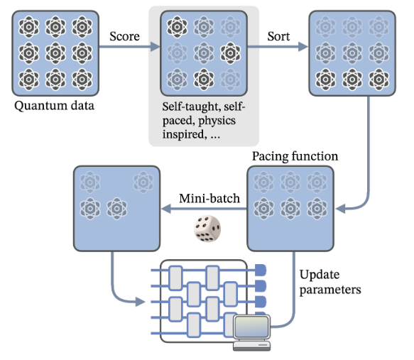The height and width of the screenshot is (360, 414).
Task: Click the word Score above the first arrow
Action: tap(124, 36)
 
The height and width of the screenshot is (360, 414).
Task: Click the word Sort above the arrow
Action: tap(278, 36)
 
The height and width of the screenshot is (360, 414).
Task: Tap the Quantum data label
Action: tap(55, 106)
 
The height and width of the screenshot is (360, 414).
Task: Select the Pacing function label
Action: tap(295, 156)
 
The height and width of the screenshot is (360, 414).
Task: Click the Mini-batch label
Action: tap(209, 199)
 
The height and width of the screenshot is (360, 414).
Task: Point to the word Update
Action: tap(320, 275)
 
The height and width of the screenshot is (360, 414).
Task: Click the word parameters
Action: tap(330, 290)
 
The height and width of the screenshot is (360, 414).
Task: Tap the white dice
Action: tap(207, 229)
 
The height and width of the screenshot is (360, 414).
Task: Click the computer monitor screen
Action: tap(251, 326)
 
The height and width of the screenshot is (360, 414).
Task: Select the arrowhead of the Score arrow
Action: tap(156, 47)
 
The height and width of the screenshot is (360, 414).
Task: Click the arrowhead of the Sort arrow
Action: tap(303, 47)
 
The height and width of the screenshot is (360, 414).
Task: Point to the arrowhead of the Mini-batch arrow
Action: tap(166, 209)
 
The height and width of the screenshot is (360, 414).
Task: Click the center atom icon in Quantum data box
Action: tap(55, 53)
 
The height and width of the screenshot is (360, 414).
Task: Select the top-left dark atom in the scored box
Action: tap(177, 27)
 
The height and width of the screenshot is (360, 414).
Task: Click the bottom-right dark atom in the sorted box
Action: tap(379, 80)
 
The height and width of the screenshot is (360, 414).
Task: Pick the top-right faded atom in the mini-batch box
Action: tap(143, 182)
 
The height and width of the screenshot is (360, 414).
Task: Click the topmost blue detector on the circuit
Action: tap(261, 270)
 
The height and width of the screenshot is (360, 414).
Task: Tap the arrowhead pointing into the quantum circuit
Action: tap(140, 301)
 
